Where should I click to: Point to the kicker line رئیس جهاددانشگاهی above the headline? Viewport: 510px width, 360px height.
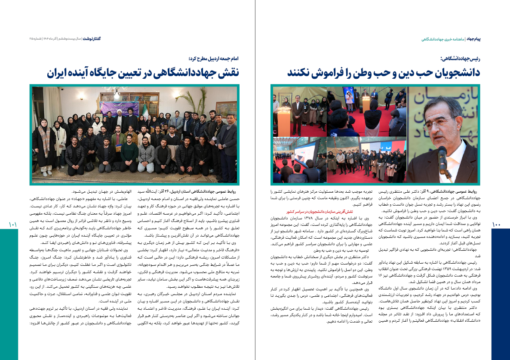(x=460, y=58)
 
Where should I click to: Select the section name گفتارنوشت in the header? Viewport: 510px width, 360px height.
(x=94, y=39)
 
